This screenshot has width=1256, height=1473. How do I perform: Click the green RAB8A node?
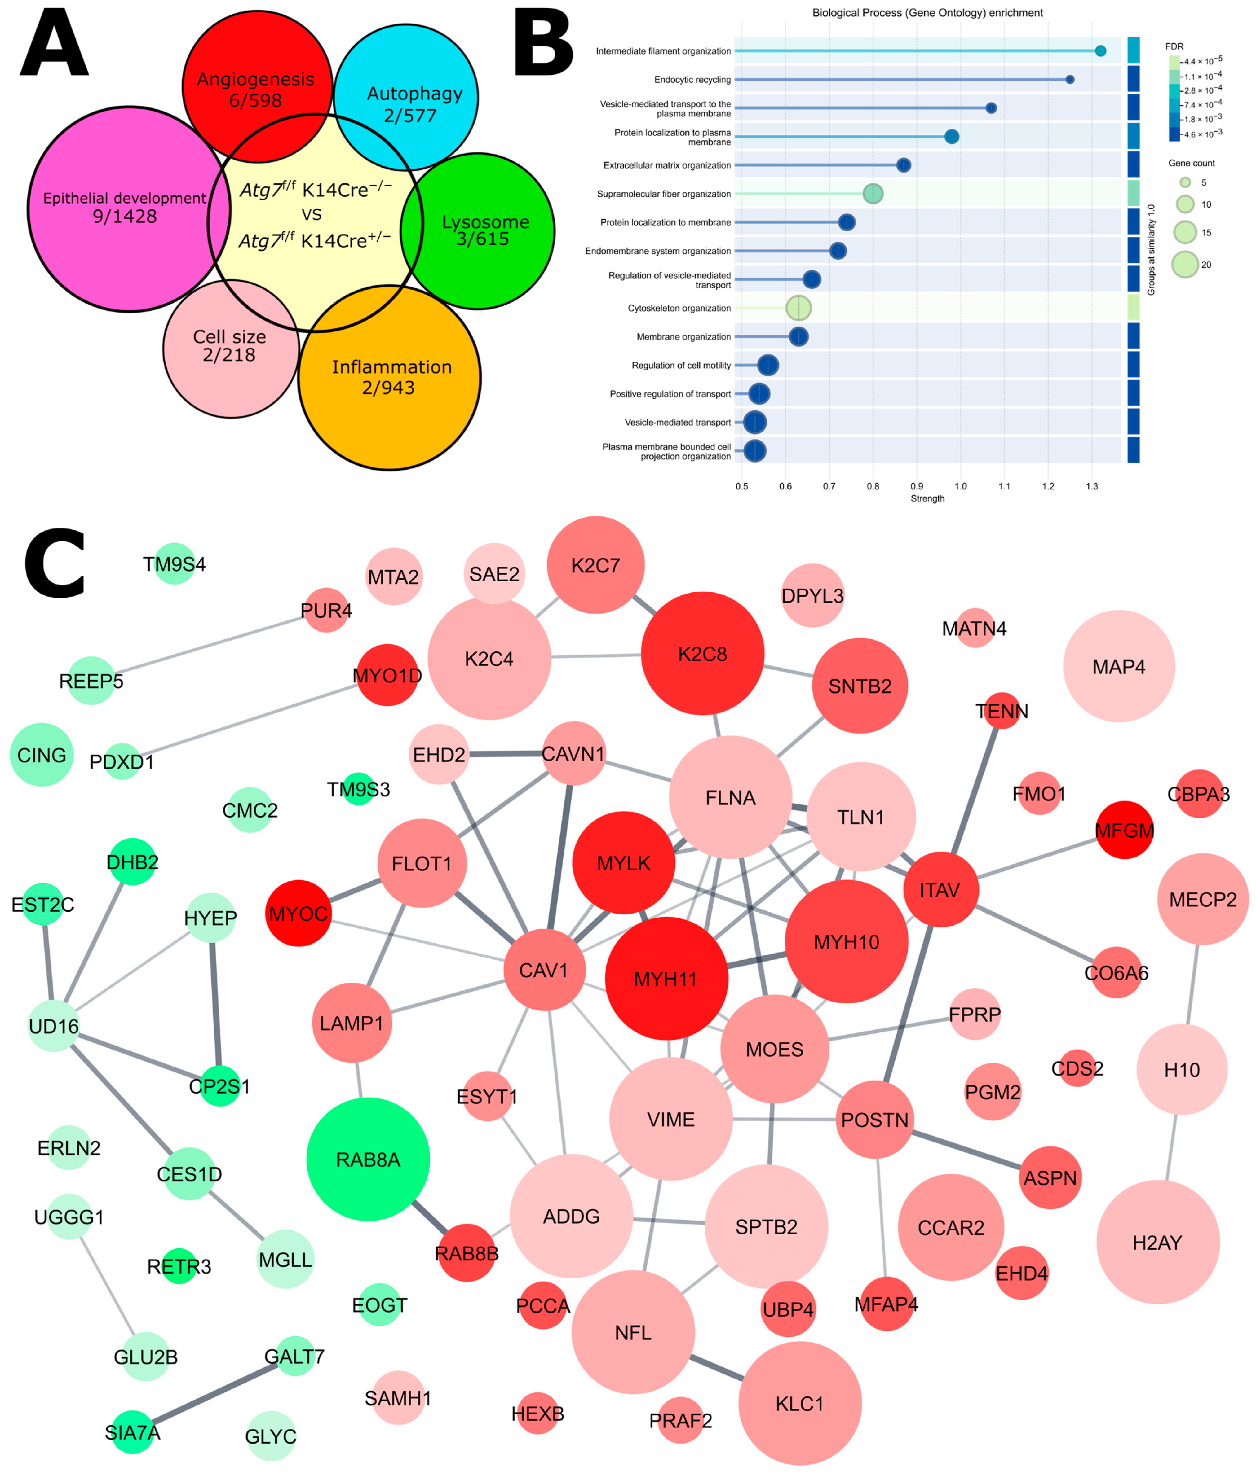pyautogui.click(x=368, y=1159)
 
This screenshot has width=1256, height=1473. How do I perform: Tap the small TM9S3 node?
pyautogui.click(x=358, y=789)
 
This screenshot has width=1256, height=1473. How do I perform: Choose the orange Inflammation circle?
pyautogui.click(x=389, y=377)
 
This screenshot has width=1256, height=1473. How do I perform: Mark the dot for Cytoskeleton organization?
pyautogui.click(x=798, y=308)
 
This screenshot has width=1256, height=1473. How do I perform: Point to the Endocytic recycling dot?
pyautogui.click(x=1070, y=80)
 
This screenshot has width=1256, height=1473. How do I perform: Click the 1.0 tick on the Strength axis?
pyautogui.click(x=960, y=486)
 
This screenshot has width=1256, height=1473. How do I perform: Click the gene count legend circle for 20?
pyautogui.click(x=1185, y=265)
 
